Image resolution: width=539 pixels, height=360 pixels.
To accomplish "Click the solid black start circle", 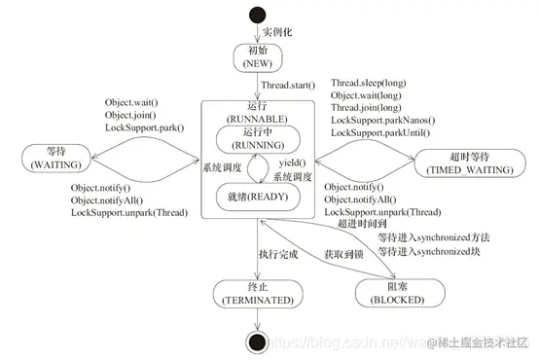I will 258,15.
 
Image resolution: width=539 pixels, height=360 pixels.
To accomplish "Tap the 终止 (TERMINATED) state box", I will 257,295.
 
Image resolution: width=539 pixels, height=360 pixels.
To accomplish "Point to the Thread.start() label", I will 295,87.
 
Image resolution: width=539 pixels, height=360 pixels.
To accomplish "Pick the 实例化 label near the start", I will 283,33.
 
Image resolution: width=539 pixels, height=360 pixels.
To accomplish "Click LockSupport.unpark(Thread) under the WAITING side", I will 128,213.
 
